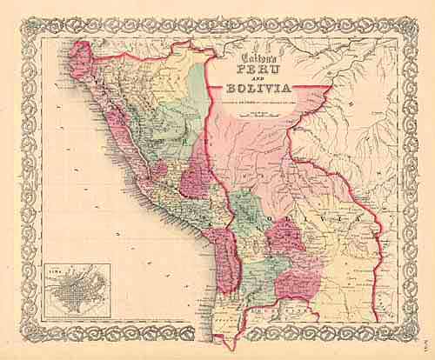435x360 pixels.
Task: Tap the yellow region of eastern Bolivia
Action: click(344, 252)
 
